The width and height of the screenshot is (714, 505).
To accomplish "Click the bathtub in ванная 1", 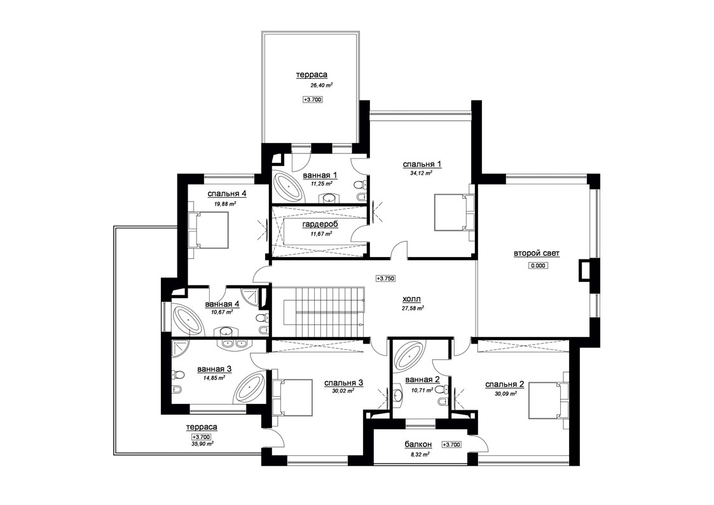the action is pos(287,186).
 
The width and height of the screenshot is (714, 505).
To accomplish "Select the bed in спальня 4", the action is pos(208,230).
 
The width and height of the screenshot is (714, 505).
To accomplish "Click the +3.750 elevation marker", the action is pos(385,278).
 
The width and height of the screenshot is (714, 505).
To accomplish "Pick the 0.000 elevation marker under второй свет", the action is pos(538,265).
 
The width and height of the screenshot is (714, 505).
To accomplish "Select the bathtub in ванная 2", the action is pos(409,355).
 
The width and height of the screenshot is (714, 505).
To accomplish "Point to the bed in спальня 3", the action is pos(292,397).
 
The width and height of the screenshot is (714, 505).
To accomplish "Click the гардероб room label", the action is pos(320,225).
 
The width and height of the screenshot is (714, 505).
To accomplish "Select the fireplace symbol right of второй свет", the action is pos(584,270).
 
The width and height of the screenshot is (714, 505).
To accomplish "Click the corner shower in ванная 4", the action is pos(251,296).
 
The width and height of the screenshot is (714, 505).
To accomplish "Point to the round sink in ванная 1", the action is pos(329,198).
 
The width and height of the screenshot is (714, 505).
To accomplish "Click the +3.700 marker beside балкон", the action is pos(451,445).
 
